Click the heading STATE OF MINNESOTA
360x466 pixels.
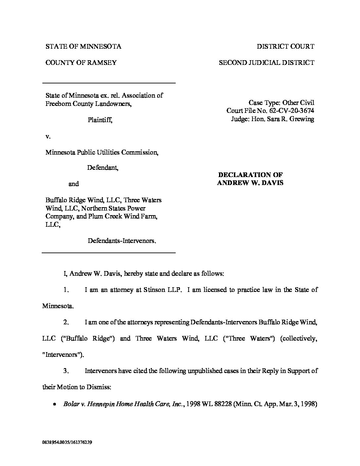(x=83, y=46)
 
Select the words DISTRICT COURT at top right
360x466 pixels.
(x=286, y=46)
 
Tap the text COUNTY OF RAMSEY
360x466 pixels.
(x=81, y=63)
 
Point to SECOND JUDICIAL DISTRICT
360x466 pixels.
(x=267, y=63)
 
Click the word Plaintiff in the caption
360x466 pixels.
(x=100, y=120)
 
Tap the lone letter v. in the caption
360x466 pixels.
(x=48, y=136)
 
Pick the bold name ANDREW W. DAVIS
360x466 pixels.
(x=250, y=183)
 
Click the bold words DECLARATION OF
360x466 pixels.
(x=250, y=175)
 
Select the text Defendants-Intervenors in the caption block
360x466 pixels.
(x=121, y=241)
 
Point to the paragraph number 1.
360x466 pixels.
(x=66, y=290)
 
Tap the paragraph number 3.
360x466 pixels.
(x=66, y=371)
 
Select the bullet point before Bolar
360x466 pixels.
(x=54, y=404)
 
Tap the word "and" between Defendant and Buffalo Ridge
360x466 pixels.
(x=73, y=184)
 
